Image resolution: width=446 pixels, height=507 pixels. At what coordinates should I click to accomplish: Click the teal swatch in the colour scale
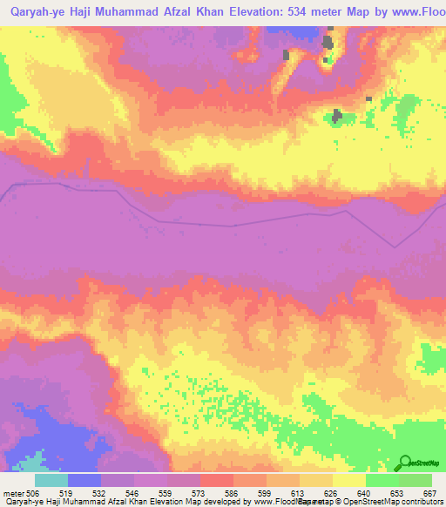[x=51, y=480]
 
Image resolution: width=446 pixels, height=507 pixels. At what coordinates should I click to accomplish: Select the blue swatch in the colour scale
[x=84, y=480]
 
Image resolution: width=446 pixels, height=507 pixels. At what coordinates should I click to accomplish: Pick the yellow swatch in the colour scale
[x=349, y=480]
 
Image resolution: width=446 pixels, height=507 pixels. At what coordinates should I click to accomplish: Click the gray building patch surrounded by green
[x=337, y=115]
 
